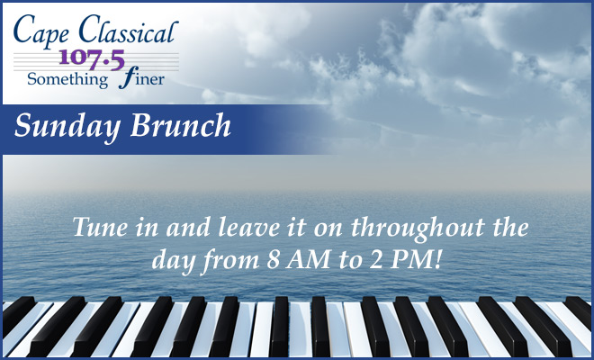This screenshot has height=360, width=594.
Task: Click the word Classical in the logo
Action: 129,29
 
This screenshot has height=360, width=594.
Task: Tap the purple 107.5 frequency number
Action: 92,59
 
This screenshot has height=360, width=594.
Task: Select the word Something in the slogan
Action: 67,79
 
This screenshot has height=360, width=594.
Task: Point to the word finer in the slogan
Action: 141,77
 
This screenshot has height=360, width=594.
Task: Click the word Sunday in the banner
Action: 67,126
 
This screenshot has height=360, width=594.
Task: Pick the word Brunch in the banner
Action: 181,125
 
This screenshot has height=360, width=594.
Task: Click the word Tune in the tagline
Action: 100,228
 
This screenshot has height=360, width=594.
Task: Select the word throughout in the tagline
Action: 418,229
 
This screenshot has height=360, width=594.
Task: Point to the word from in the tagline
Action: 229,261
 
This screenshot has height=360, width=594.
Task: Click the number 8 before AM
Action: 273,260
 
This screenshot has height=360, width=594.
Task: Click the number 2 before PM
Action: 376,260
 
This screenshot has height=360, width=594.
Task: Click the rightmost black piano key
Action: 580,310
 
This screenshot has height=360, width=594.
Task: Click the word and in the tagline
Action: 188,228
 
